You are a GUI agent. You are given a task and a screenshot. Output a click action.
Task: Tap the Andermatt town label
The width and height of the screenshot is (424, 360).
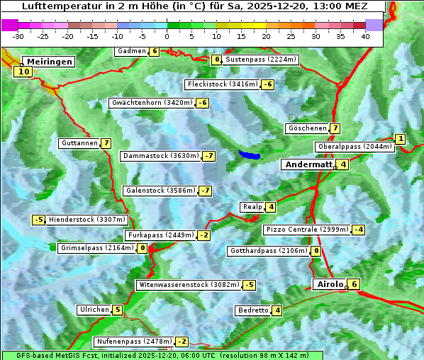tap(308, 164)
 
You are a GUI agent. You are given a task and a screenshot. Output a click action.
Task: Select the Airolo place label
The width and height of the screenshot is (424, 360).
tap(330, 284)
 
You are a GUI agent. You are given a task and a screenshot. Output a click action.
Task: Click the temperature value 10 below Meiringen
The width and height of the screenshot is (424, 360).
tap(23, 72)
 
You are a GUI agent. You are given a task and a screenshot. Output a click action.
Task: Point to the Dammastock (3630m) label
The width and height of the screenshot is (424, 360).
tap(160, 156)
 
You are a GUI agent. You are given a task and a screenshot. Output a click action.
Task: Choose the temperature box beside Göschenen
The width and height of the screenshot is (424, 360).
tap(335, 128)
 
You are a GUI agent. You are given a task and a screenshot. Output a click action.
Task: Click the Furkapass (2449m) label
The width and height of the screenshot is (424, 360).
tap(160, 235)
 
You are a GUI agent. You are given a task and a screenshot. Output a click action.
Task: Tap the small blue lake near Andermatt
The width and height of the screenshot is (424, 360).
tap(250, 154)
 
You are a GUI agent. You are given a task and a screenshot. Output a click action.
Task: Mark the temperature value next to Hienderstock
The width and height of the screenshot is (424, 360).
tap(39, 220)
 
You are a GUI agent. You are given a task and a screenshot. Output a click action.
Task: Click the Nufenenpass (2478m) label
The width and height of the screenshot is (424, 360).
tap(134, 341)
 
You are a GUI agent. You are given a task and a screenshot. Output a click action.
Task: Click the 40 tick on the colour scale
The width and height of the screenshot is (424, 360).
tap(365, 36)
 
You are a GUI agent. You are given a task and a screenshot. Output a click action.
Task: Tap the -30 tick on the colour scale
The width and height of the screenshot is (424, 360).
tap(18, 36)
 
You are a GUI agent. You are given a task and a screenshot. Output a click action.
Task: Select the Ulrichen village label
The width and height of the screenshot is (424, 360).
tap(94, 310)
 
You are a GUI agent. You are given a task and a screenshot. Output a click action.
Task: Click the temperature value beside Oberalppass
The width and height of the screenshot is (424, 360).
tap(401, 139)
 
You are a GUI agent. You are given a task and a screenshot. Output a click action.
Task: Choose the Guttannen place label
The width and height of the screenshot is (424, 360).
tap(79, 143)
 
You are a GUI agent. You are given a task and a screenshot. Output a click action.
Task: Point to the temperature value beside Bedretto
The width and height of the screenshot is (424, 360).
tap(277, 310)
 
